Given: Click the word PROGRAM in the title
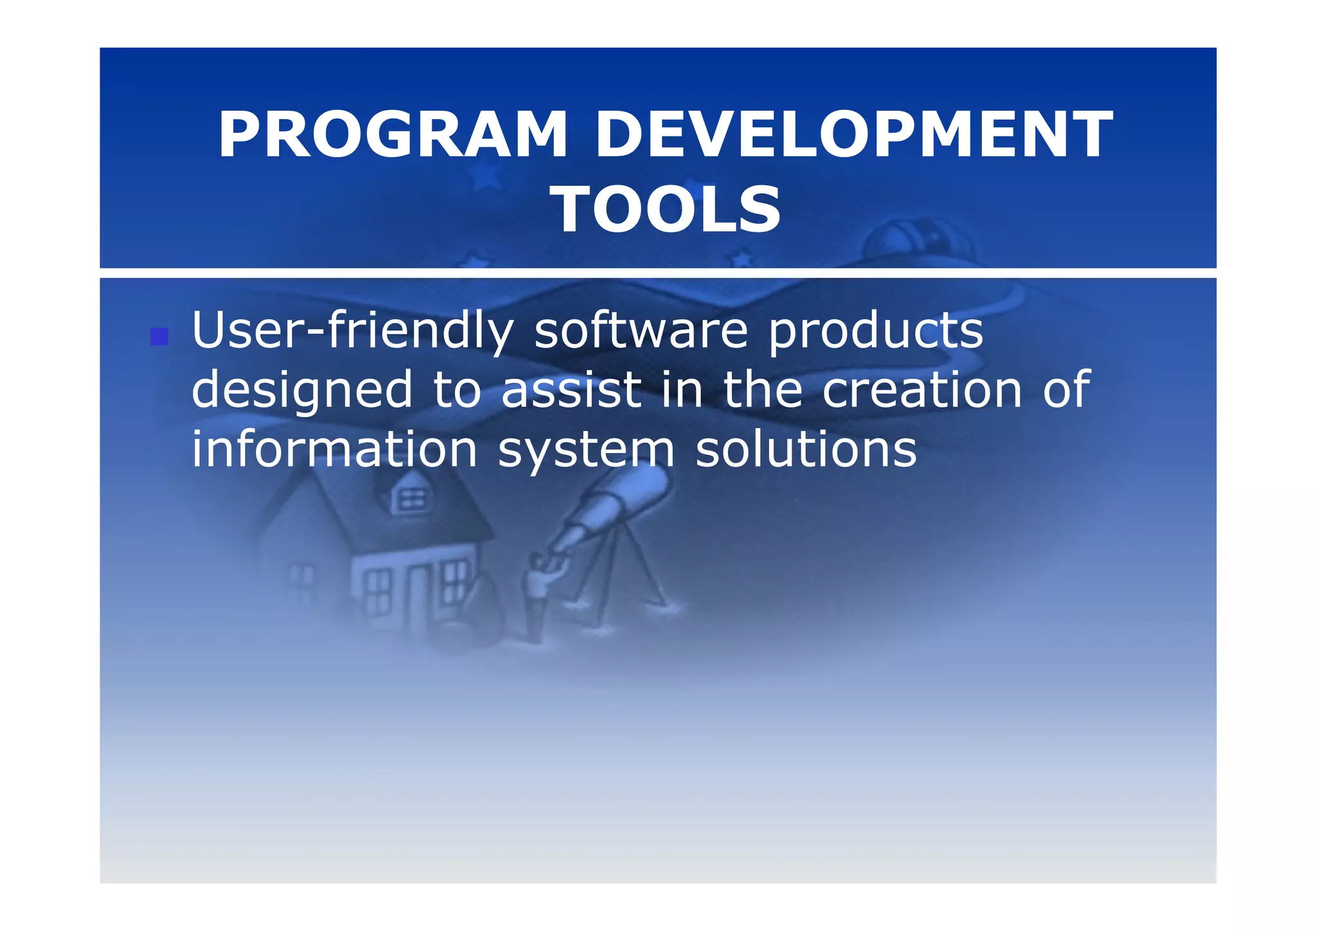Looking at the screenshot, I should [393, 135].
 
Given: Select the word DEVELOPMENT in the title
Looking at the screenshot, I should [853, 135].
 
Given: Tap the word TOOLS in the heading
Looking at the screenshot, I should [668, 210].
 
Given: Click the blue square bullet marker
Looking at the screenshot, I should [159, 336].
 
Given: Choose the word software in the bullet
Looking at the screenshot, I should [640, 331].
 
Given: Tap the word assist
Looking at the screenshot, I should [571, 390].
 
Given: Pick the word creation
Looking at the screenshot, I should [922, 390].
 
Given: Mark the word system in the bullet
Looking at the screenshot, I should [586, 450].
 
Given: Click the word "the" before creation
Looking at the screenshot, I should [763, 390].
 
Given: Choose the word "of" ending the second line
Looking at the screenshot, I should [1066, 390].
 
